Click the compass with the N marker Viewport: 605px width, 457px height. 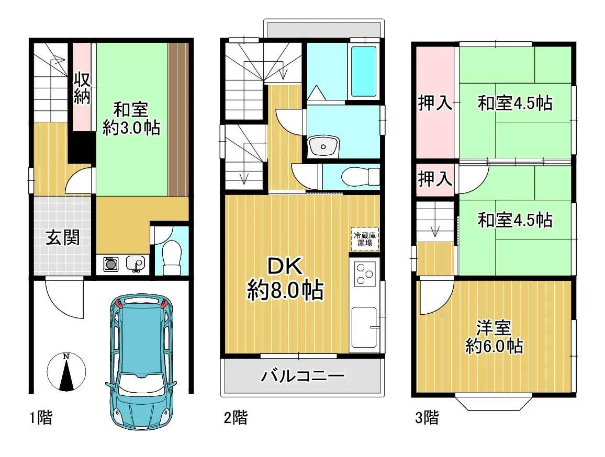click(x=66, y=372)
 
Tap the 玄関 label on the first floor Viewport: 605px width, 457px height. click(x=62, y=237)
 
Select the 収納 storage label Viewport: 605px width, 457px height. click(x=82, y=88)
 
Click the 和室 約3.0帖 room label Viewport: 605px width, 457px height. click(x=131, y=119)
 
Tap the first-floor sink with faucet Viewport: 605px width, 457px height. click(x=136, y=264)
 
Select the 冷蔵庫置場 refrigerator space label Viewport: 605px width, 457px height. click(x=365, y=239)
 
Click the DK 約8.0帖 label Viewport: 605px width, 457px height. click(x=286, y=278)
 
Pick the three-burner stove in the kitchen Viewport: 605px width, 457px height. click(x=365, y=274)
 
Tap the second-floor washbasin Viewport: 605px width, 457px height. click(x=323, y=146)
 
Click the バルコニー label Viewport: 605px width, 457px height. click(x=303, y=375)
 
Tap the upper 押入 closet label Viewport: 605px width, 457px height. click(x=435, y=103)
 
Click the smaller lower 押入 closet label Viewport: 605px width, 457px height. click(x=435, y=179)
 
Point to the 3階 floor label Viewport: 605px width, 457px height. click(x=427, y=417)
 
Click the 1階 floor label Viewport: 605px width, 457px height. click(x=41, y=417)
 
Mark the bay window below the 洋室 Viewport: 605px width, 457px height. click(x=494, y=402)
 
